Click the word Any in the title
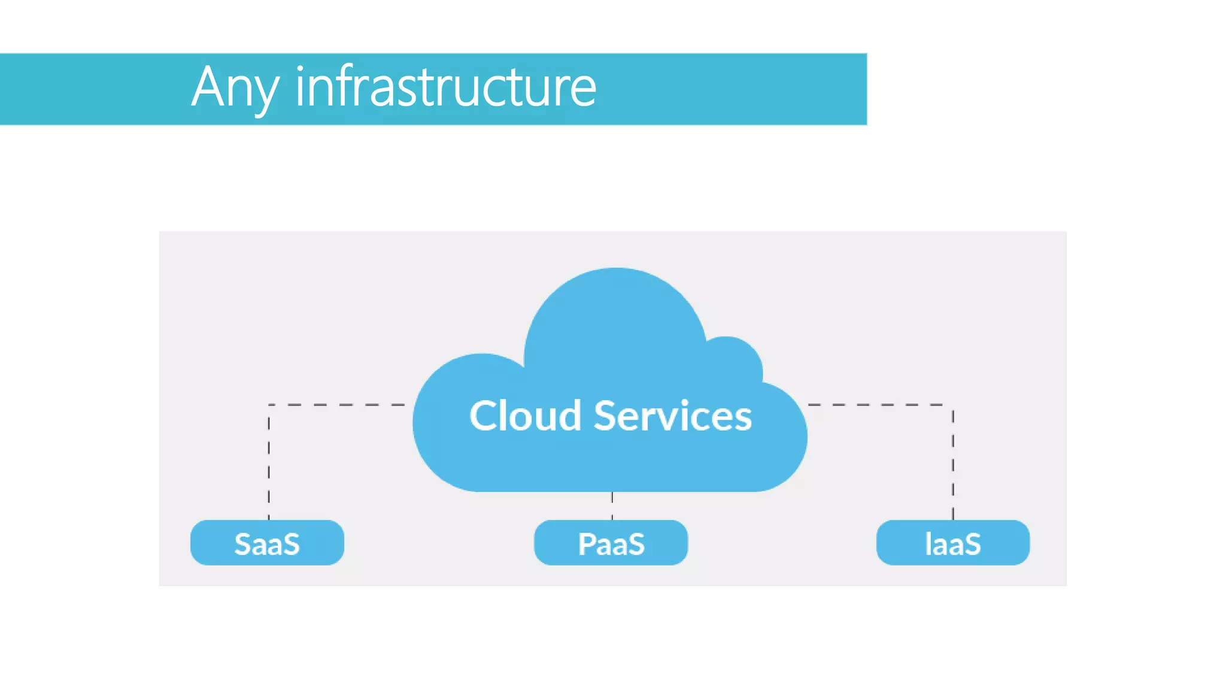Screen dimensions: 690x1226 235,88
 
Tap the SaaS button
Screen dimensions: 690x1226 267,543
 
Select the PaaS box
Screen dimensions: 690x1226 611,543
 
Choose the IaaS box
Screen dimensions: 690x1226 952,543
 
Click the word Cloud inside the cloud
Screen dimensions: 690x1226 525,416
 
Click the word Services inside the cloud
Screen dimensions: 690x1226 672,416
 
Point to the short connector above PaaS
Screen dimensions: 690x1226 612,506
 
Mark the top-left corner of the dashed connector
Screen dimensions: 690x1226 269,405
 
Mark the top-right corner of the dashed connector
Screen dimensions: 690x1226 952,405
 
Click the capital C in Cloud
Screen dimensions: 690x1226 485,416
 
